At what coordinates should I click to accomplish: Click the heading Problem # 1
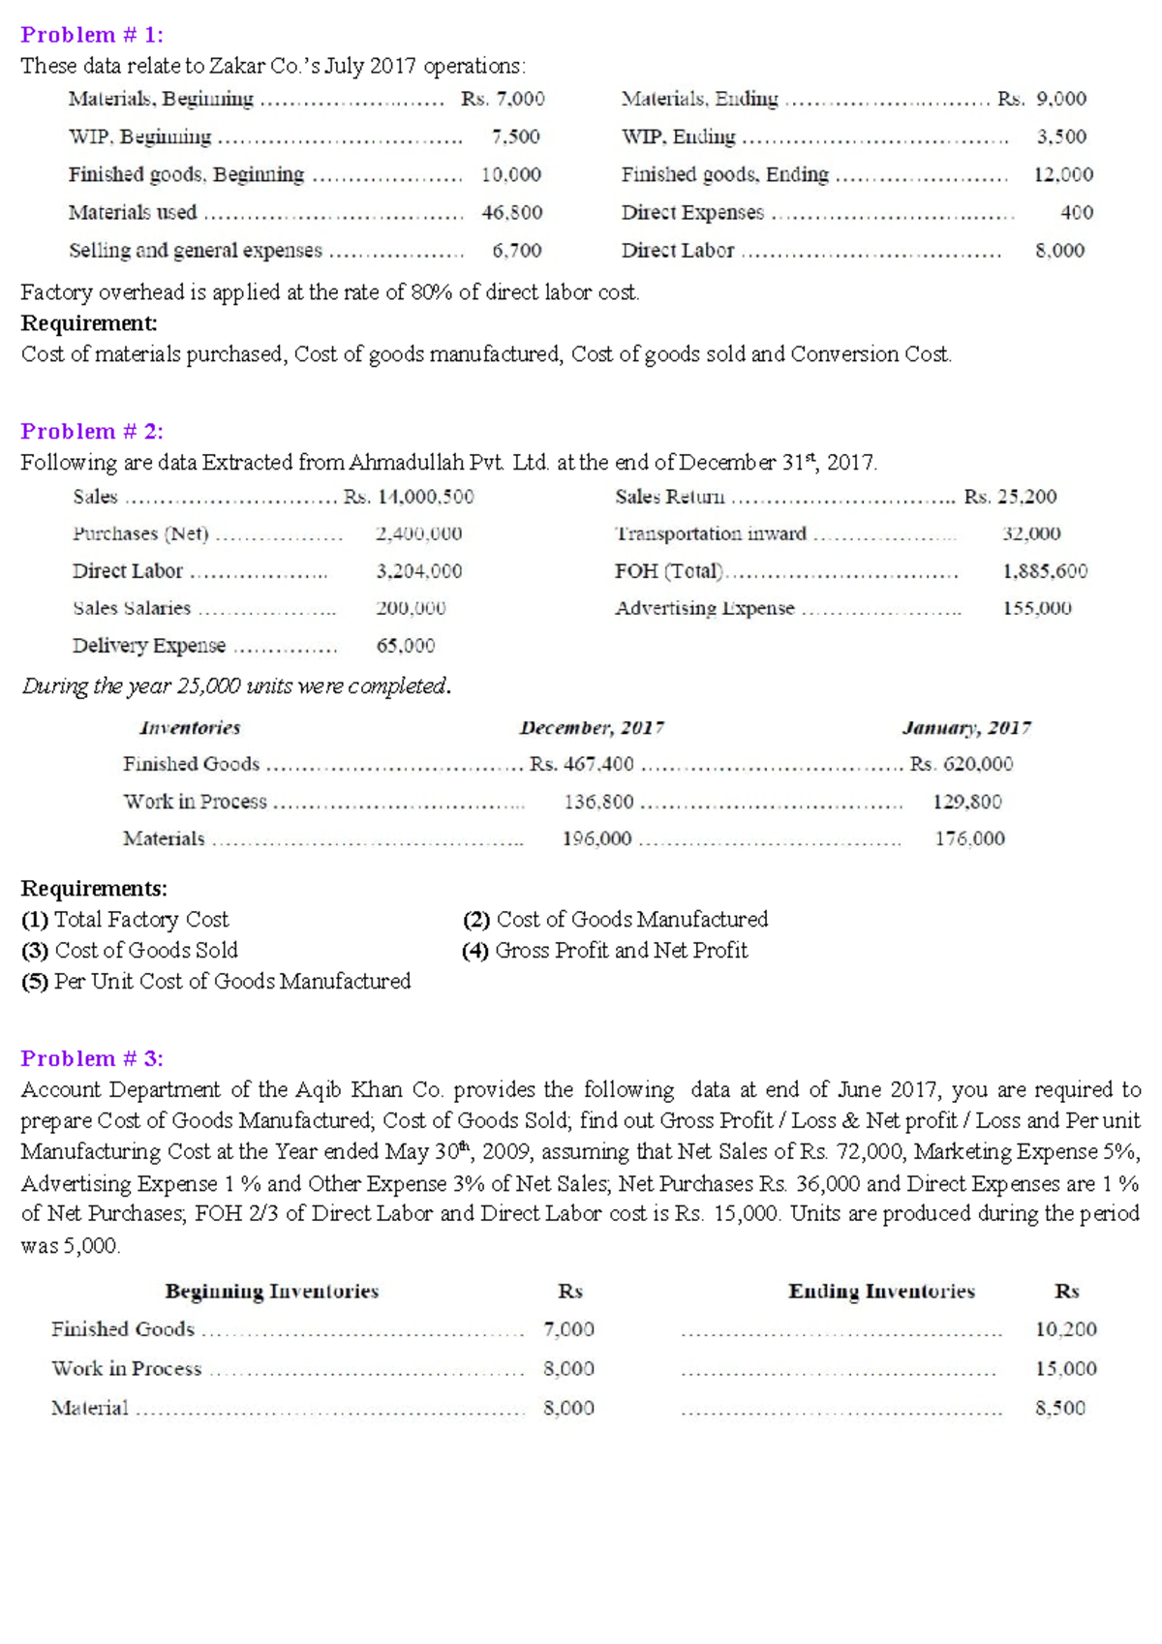point(92,35)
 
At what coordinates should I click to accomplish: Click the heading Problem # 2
point(92,431)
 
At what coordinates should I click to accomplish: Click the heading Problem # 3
point(92,1058)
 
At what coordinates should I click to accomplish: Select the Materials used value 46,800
point(511,212)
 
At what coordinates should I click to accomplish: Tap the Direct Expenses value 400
point(1076,212)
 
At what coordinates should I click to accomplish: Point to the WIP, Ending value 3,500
point(1061,137)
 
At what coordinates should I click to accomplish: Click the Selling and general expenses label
point(195,250)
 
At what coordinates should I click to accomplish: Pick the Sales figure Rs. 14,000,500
point(409,497)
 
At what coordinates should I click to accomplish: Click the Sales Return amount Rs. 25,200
point(1010,497)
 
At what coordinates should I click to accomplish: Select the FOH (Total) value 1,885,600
point(1044,571)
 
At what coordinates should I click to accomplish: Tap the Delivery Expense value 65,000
point(405,646)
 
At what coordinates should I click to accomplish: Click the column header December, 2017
point(592,727)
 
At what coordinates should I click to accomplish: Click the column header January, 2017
point(965,727)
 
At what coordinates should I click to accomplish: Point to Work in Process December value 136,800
point(598,802)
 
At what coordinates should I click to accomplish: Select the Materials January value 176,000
point(969,838)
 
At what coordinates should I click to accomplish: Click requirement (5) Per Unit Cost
point(216,981)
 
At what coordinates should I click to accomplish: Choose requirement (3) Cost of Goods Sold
point(130,950)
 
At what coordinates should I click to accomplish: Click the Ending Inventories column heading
point(881,1291)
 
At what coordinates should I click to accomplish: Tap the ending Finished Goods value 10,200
point(1065,1329)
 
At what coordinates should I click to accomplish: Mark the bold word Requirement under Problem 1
point(88,322)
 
